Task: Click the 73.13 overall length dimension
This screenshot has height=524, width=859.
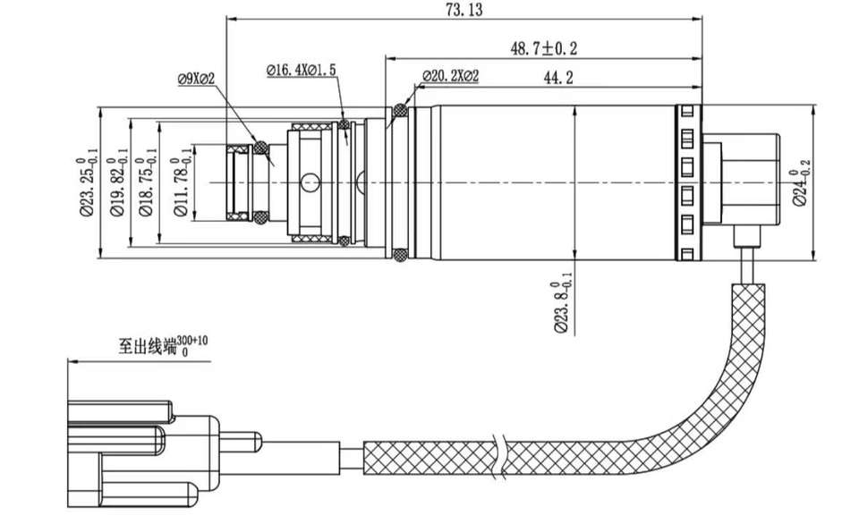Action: tap(464, 10)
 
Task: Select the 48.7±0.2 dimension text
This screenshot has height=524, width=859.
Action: tap(543, 48)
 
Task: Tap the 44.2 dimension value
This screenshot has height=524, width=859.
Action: tap(558, 78)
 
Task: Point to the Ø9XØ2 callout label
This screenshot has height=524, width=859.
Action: tap(196, 79)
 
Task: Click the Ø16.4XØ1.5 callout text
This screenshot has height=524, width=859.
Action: tap(302, 70)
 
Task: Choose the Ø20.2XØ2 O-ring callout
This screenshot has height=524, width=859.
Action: tap(450, 76)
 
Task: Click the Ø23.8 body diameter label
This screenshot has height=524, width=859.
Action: tap(563, 303)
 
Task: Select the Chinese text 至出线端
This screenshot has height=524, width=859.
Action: tap(149, 347)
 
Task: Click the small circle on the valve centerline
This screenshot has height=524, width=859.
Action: tap(310, 182)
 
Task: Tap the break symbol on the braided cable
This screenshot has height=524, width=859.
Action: tap(498, 458)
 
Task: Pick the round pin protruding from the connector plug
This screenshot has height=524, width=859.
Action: tap(241, 442)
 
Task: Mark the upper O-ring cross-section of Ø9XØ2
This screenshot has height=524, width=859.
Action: tap(260, 148)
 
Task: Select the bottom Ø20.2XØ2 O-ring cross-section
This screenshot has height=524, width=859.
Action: tap(401, 255)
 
